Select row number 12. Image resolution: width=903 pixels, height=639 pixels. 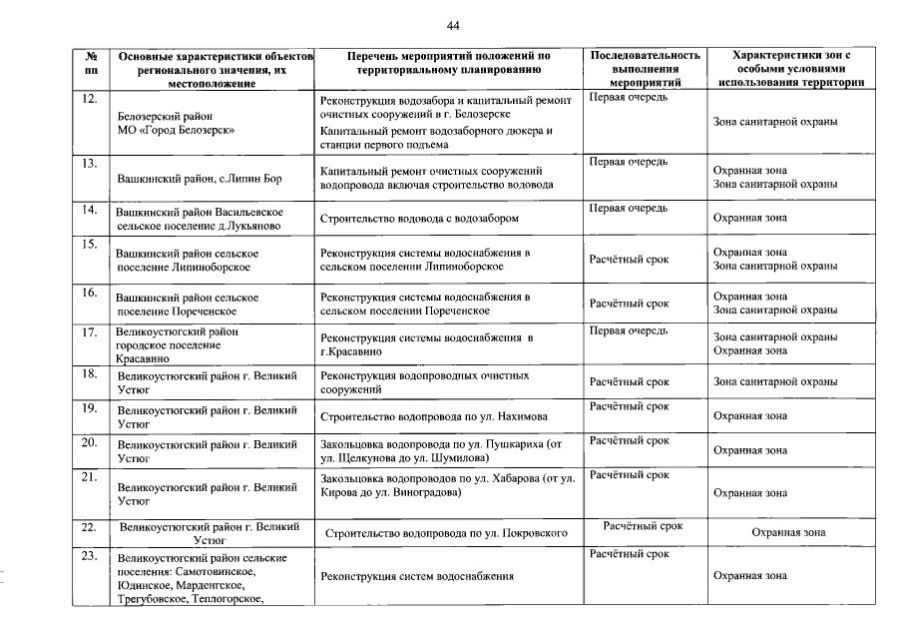pos(89,98)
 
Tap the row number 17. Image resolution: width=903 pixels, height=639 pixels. pos(89,331)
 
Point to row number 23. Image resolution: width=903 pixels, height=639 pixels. pos(89,556)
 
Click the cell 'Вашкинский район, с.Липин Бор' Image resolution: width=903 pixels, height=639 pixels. pos(200,179)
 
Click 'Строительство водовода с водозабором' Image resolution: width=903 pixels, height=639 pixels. pos(419,217)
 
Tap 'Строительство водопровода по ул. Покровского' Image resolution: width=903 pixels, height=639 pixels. pos(447,533)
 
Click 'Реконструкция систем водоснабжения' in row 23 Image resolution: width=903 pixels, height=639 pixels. pos(417,576)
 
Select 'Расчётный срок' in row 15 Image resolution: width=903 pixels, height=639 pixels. pos(629,260)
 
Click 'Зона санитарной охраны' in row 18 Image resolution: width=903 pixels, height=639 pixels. pos(774,381)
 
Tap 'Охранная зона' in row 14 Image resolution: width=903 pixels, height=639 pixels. pos(749,217)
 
